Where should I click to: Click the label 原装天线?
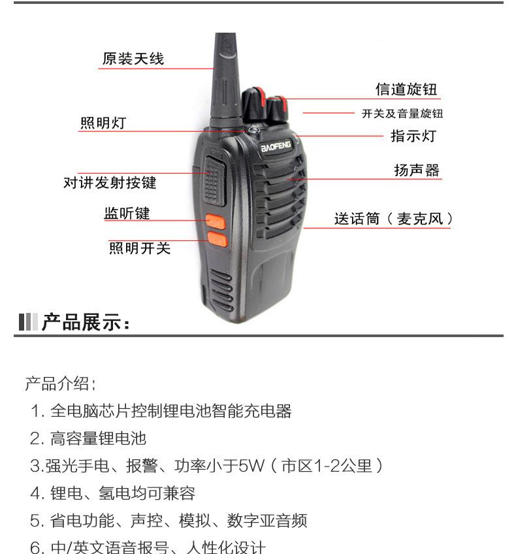click(x=133, y=59)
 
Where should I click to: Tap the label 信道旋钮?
click(x=406, y=90)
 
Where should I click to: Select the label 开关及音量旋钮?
click(x=402, y=114)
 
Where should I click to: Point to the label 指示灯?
click(x=413, y=136)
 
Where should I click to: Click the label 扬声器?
click(x=417, y=171)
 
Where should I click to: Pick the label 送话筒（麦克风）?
click(x=393, y=219)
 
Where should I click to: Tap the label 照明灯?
click(x=103, y=123)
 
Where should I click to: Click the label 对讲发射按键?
click(x=110, y=183)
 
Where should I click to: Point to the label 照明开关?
click(x=139, y=248)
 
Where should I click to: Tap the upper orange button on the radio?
click(x=215, y=222)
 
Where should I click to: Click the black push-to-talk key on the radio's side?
click(x=212, y=178)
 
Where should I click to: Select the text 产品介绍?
click(x=60, y=383)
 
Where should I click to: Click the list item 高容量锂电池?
click(x=98, y=438)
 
